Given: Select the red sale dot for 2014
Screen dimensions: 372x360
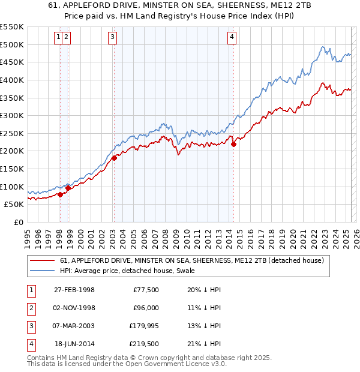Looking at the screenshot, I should click(x=234, y=143).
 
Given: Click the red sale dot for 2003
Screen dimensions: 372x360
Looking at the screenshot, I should click(x=114, y=158).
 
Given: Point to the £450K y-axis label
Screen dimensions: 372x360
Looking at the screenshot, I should click(x=12, y=62).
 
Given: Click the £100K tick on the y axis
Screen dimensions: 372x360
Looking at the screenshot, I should click(x=12, y=187).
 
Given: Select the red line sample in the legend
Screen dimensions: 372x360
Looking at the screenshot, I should click(x=43, y=260).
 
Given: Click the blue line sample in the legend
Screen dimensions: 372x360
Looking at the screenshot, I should click(x=43, y=271).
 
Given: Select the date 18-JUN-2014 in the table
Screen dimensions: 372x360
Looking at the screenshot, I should click(x=75, y=344).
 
